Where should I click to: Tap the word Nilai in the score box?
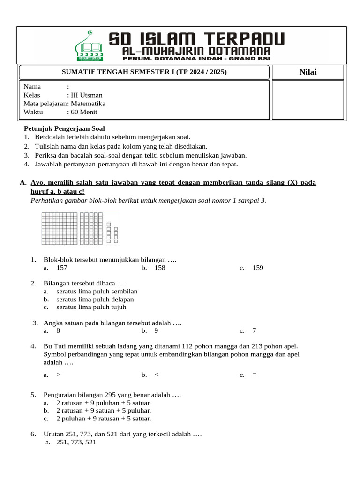tap(307, 72)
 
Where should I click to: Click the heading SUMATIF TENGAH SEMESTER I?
tap(144, 72)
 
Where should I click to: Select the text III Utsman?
tap(87, 95)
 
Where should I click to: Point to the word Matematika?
tap(88, 104)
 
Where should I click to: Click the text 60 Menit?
tap(84, 112)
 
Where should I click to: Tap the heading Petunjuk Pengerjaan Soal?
tap(65, 128)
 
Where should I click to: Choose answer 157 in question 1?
tap(62, 268)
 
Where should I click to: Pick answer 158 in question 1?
tap(159, 268)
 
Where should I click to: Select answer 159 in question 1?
tap(258, 268)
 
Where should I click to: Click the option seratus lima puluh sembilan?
tap(97, 291)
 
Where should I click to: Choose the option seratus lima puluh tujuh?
tap(91, 307)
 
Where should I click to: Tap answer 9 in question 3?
tap(156, 330)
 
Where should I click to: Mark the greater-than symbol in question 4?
tap(58, 375)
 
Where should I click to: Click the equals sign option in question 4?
tap(255, 375)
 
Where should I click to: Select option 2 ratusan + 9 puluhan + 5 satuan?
tap(103, 403)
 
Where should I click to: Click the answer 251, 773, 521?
tap(76, 442)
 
